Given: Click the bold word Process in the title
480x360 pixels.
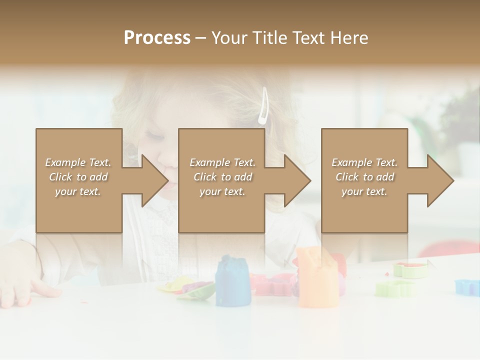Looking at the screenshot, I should click(157, 38).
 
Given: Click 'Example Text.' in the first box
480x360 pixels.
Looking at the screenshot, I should click(78, 162).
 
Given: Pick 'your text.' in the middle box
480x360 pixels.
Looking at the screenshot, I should click(222, 191).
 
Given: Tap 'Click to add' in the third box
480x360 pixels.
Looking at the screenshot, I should click(364, 177).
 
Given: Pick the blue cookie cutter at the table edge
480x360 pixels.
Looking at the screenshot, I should click(467, 286).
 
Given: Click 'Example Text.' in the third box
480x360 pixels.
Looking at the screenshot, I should click(364, 162).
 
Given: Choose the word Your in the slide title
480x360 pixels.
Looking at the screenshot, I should click(229, 38).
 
